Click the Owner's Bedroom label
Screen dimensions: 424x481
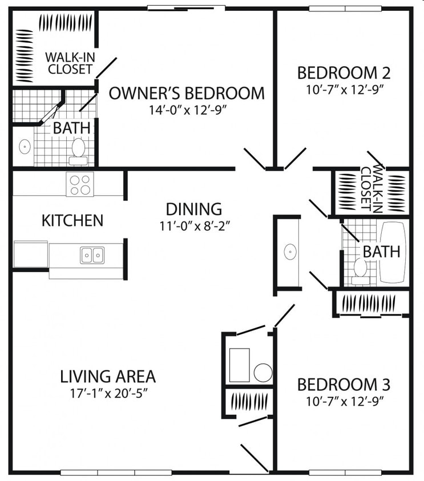click(187, 93)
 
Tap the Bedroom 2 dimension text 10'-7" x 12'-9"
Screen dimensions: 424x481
click(345, 90)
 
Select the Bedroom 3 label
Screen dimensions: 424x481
click(344, 385)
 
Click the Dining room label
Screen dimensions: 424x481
click(194, 209)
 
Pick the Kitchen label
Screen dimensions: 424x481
click(72, 221)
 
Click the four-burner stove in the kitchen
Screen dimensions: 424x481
click(80, 184)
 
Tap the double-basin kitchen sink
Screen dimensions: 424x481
click(92, 255)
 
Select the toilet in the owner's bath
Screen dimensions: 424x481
click(78, 152)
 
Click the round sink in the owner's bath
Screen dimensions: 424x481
click(25, 146)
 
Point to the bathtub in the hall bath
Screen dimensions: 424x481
click(393, 252)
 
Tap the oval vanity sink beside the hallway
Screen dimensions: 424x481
click(290, 252)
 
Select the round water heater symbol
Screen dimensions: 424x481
click(263, 373)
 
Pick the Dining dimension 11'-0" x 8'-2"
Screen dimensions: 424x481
click(195, 226)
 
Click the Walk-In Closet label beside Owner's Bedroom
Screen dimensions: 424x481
click(70, 63)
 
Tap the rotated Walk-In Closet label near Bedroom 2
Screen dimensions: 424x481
click(372, 189)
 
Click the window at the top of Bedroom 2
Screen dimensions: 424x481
click(345, 9)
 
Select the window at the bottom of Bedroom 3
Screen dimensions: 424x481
click(345, 472)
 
